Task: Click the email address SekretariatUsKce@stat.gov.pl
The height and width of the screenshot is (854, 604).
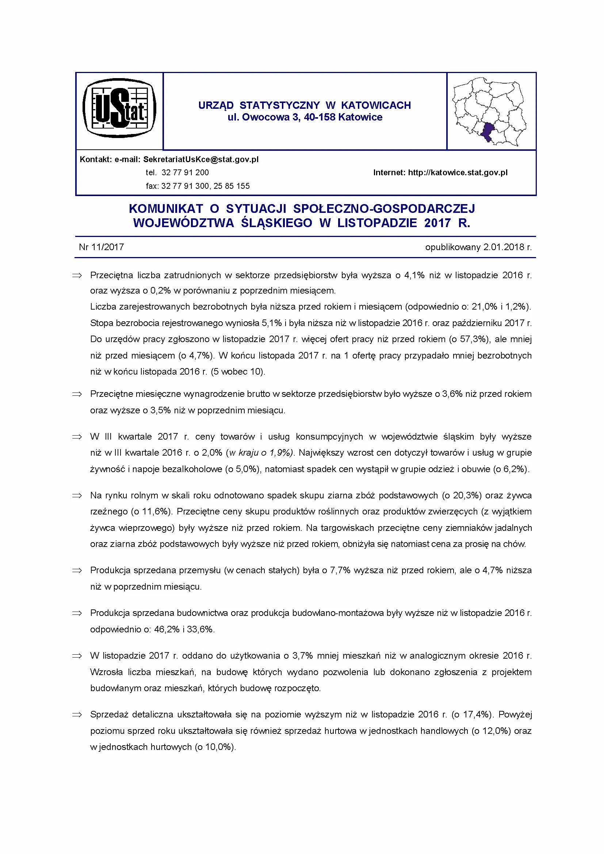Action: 201,160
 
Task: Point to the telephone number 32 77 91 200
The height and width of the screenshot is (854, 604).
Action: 185,173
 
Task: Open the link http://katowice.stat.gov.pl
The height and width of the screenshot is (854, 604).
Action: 458,173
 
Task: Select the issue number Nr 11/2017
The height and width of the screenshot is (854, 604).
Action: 101,247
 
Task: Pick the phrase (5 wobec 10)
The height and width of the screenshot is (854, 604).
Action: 238,372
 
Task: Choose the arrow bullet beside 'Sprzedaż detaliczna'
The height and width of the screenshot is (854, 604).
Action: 77,715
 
